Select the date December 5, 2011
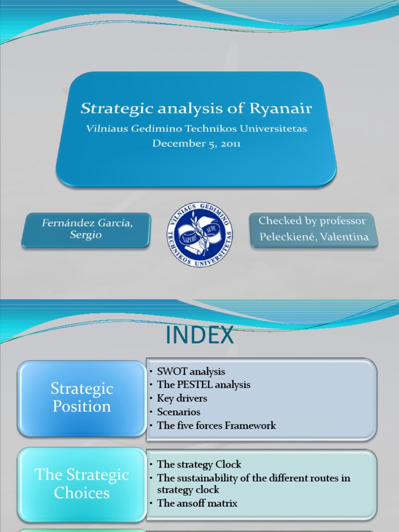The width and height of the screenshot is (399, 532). click(x=196, y=143)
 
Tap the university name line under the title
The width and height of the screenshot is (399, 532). click(x=196, y=128)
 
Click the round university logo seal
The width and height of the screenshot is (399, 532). click(x=199, y=235)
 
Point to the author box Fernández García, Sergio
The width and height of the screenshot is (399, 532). click(x=86, y=229)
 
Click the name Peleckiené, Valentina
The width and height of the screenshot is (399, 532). click(x=314, y=237)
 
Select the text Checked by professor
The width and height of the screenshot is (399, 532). click(x=312, y=221)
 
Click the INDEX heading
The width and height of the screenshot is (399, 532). click(x=199, y=336)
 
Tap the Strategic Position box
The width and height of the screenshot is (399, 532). click(x=82, y=397)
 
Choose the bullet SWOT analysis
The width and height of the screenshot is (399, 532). click(x=191, y=371)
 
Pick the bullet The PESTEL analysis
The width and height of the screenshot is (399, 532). click(x=204, y=385)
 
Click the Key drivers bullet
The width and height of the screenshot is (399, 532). click(x=182, y=398)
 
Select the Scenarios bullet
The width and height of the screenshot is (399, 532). click(x=179, y=412)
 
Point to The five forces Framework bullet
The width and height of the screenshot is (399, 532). click(x=216, y=425)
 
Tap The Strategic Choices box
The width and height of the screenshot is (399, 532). click(x=82, y=484)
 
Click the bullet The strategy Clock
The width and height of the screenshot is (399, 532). click(x=199, y=464)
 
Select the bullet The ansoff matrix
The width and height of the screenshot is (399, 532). click(x=197, y=503)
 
